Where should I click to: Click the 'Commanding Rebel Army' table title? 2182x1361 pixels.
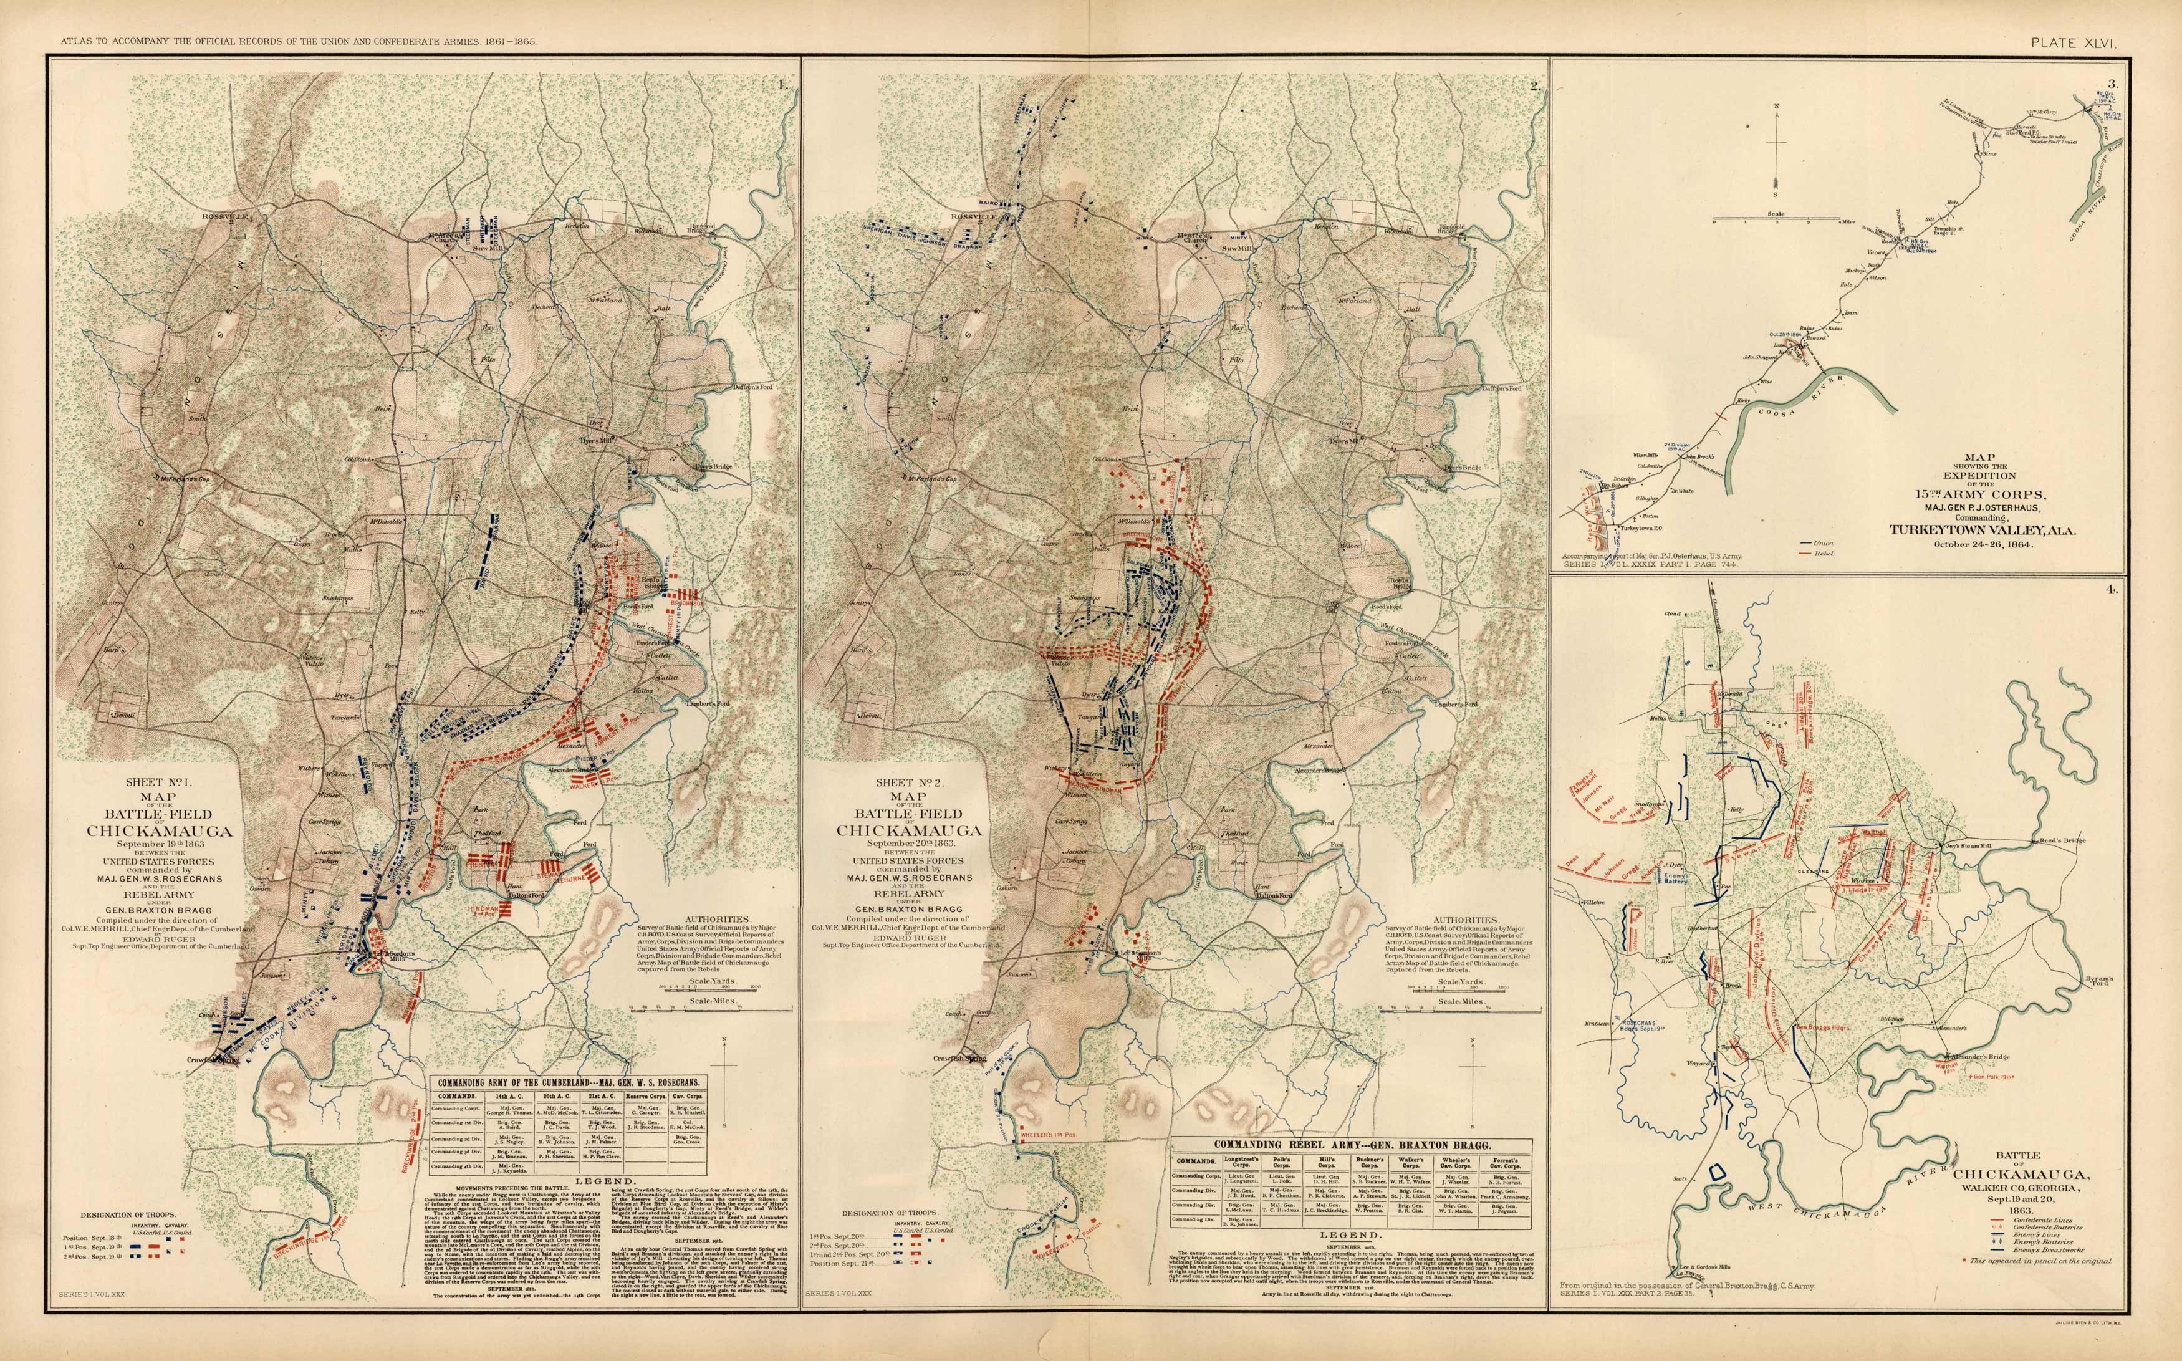point(1353,1143)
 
